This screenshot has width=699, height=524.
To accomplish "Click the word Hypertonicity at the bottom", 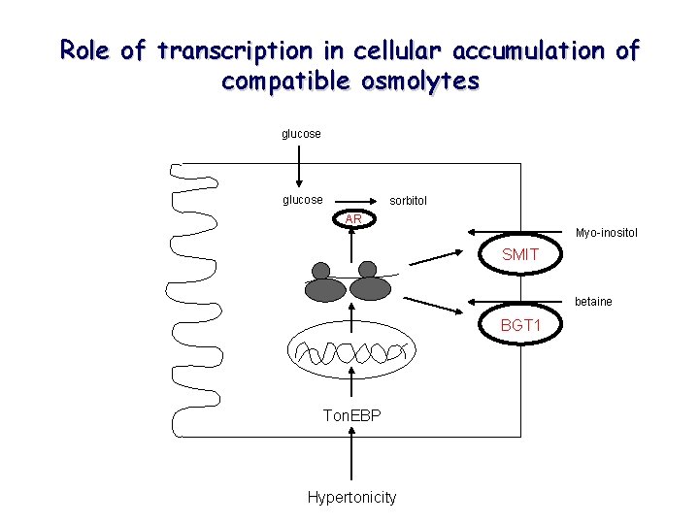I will (x=351, y=497).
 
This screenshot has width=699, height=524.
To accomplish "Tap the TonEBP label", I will (x=351, y=415).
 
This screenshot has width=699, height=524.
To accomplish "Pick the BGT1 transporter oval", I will (x=520, y=325).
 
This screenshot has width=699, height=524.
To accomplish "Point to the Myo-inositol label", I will (x=606, y=232).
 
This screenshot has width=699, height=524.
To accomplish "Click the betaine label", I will (x=593, y=301).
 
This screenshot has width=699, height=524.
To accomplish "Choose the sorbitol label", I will (x=408, y=201).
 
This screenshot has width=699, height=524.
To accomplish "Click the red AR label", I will (x=353, y=219).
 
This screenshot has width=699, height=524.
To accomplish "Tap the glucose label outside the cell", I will (x=301, y=134).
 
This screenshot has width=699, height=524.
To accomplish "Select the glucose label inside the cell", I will (x=302, y=200).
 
